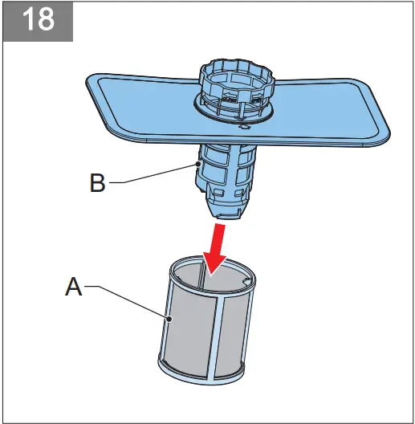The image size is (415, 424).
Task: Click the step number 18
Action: (x=37, y=20)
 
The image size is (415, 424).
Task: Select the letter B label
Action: (x=97, y=184)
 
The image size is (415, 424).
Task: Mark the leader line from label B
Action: (x=153, y=173)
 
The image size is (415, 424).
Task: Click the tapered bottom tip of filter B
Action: (x=228, y=210)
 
